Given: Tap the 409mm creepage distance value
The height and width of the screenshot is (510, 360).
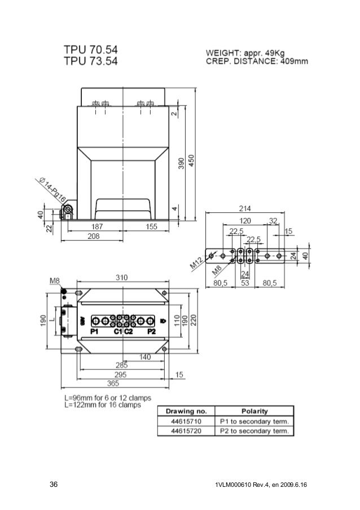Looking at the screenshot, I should tap(296, 62).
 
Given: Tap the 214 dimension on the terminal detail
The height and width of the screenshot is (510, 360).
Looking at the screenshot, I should tap(245, 208).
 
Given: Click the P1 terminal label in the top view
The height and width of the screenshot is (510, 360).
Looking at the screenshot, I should tap(94, 332).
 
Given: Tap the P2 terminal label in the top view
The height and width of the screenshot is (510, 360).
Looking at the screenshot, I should tap(151, 332).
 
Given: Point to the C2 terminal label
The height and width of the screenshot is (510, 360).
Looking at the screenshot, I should tap(128, 332).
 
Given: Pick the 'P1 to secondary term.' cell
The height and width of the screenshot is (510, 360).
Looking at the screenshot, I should tap(257, 421).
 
